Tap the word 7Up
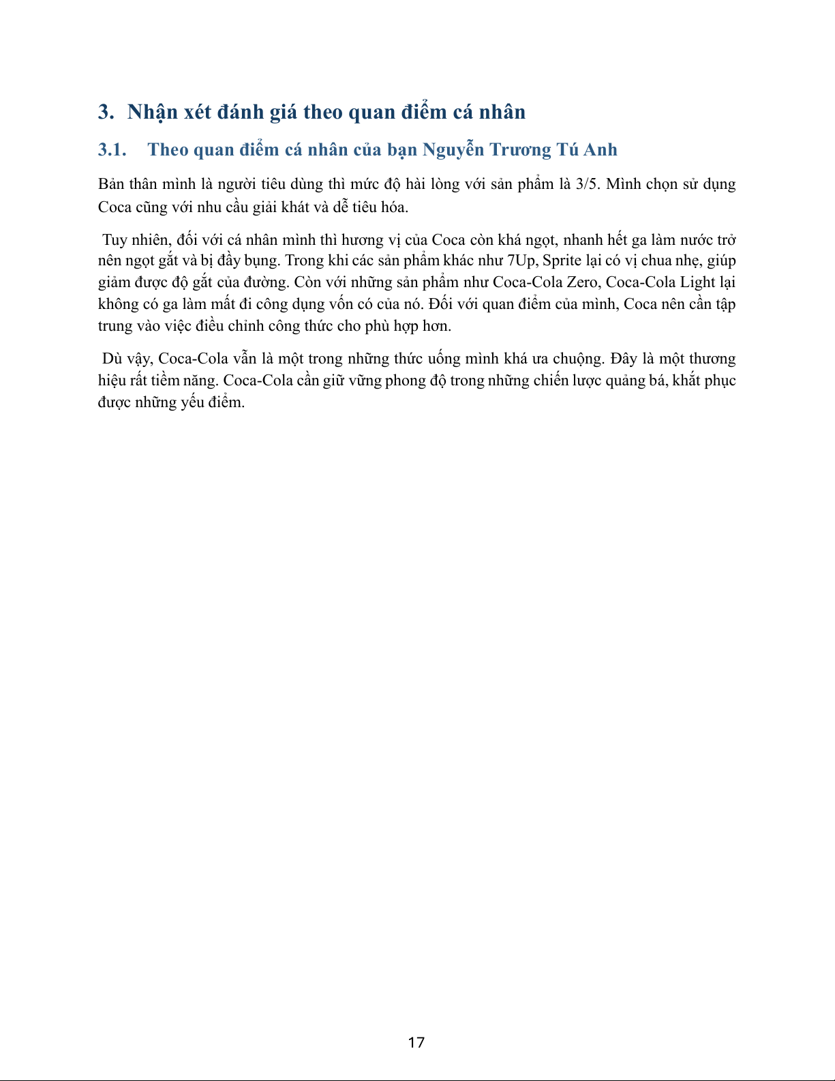pos(521,261)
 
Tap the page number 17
pos(416,1042)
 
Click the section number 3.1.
pos(112,150)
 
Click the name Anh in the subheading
pos(600,150)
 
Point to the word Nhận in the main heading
pos(153,113)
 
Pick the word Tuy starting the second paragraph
pos(115,240)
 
